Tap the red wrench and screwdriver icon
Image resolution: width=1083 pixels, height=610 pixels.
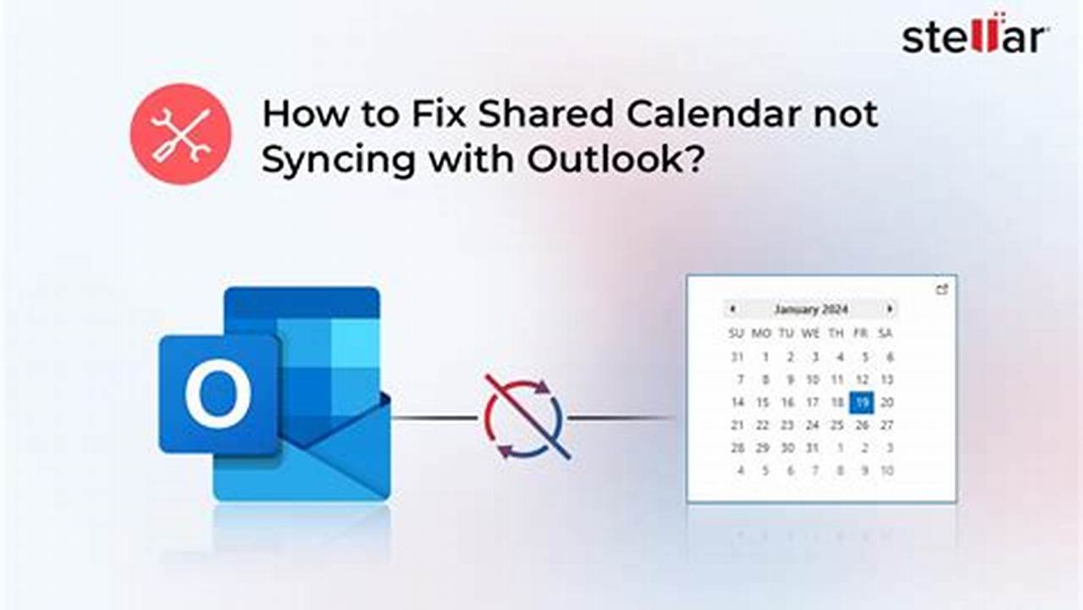(180, 134)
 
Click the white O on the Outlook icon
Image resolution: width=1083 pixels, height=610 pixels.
(218, 393)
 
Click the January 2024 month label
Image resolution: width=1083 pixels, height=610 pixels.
(810, 309)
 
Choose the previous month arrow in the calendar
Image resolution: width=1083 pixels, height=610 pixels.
(732, 309)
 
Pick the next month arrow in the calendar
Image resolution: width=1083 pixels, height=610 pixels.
(889, 309)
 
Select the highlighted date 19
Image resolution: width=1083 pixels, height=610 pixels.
(862, 402)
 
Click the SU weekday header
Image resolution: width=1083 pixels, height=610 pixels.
(737, 334)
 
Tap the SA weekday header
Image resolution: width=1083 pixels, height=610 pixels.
(886, 334)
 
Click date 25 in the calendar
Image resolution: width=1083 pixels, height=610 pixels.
(837, 425)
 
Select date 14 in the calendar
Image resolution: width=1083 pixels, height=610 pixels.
(738, 402)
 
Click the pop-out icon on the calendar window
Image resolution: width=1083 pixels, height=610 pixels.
(942, 290)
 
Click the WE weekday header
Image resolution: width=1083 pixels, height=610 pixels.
(811, 334)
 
